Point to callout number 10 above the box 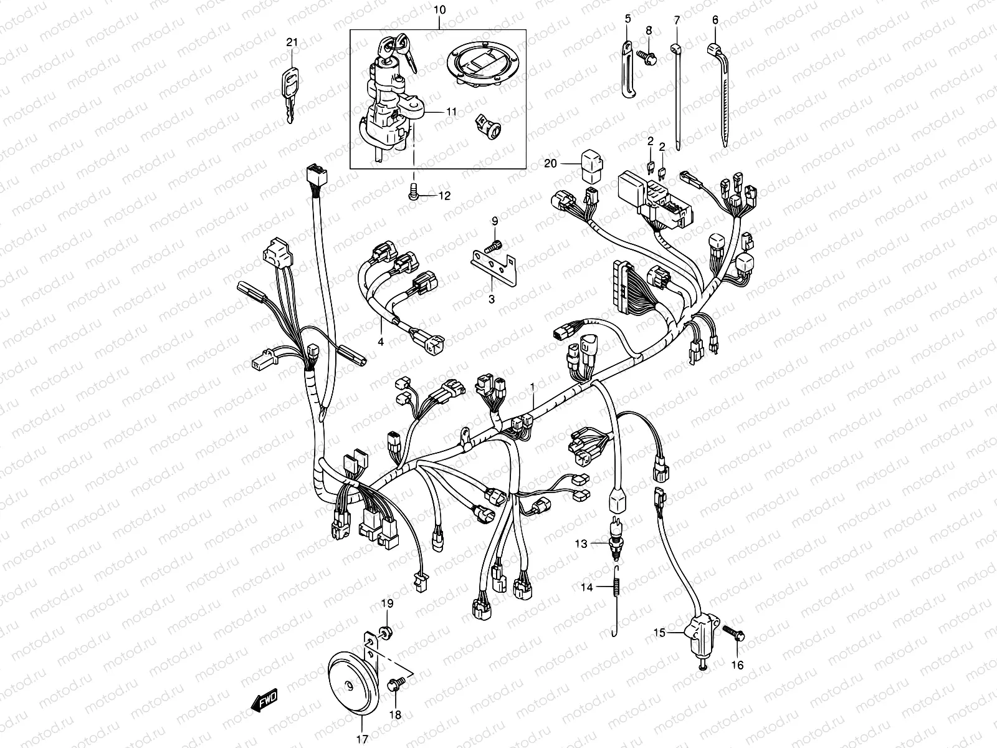pos(439,10)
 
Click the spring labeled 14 pos(617,589)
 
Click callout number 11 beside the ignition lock pos(469,112)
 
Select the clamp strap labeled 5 pos(627,69)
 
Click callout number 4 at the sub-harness pos(380,342)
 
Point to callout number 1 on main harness pos(532,387)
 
